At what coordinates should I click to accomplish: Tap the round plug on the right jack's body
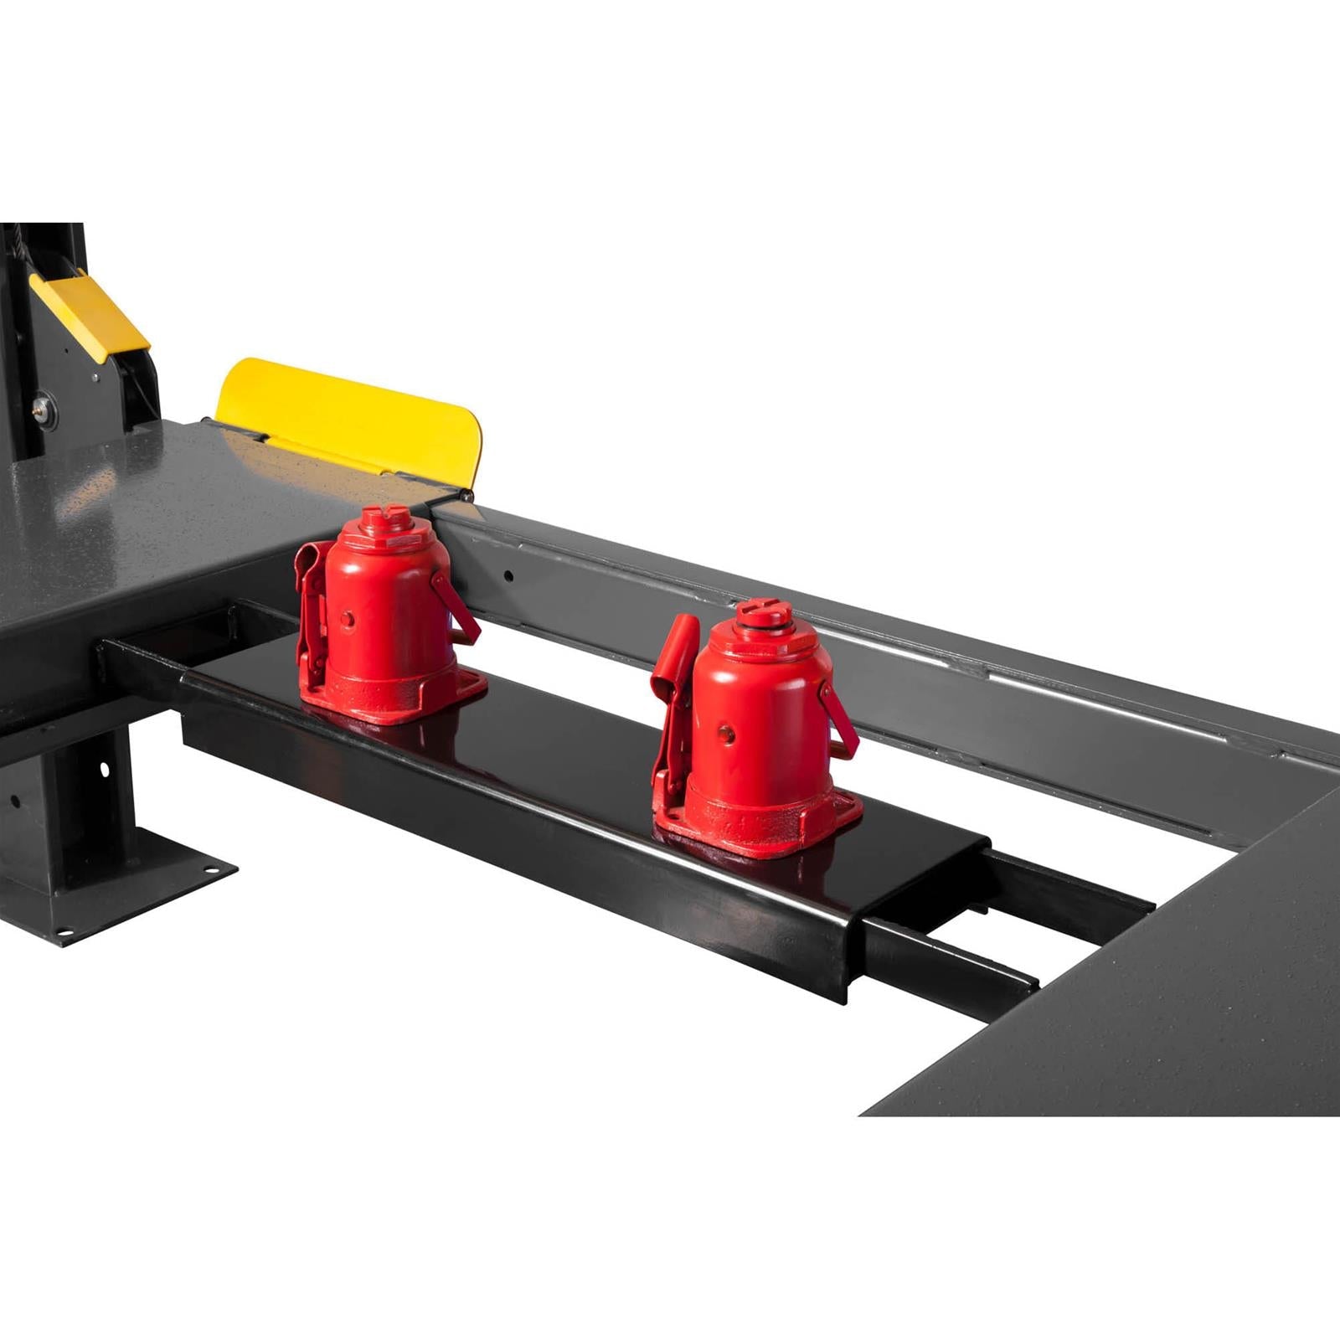click(726, 734)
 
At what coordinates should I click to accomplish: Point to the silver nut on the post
click(39, 410)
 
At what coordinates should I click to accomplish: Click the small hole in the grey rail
click(508, 575)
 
